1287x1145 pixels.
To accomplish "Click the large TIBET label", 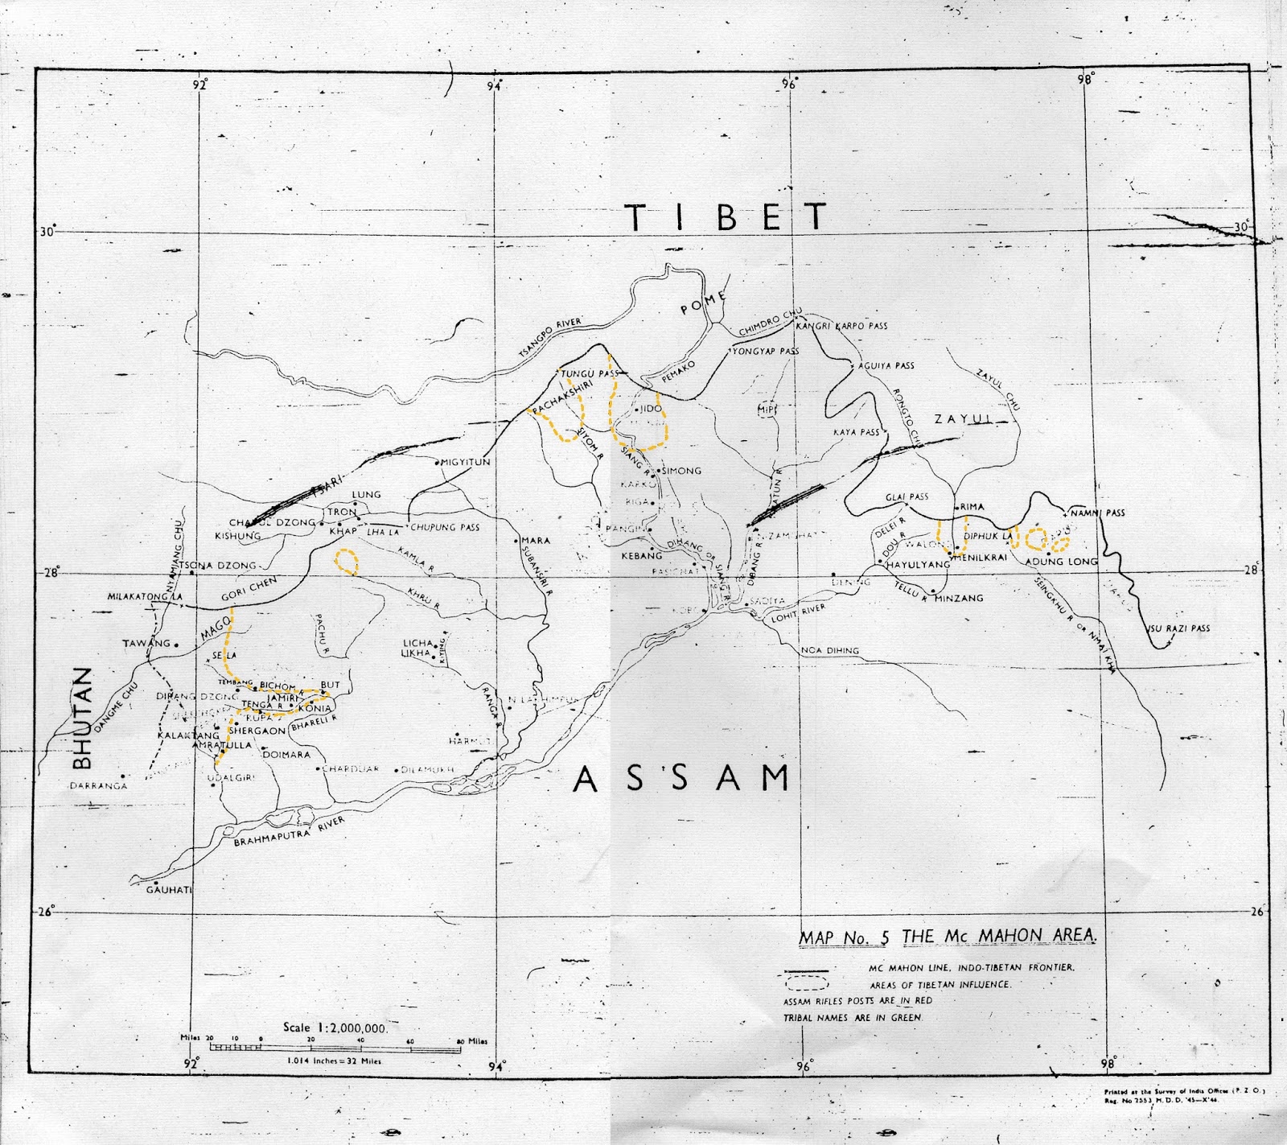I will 726,217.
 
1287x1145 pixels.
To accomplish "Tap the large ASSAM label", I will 682,779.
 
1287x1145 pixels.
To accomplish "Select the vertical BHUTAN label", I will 82,719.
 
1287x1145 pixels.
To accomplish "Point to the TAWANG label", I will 146,644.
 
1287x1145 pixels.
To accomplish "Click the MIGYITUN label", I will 465,463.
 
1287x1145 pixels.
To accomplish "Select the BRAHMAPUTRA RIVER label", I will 290,832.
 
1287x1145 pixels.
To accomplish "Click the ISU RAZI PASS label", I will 1178,628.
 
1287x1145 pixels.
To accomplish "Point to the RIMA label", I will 972,507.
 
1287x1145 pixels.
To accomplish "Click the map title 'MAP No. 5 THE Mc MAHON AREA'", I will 948,937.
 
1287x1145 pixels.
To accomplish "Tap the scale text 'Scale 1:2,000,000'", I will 335,1028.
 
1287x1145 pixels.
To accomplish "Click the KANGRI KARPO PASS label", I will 841,326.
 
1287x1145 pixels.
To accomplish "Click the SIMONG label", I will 681,471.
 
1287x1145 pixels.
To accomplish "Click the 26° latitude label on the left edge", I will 47,912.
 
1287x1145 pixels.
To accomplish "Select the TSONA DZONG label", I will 217,566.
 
